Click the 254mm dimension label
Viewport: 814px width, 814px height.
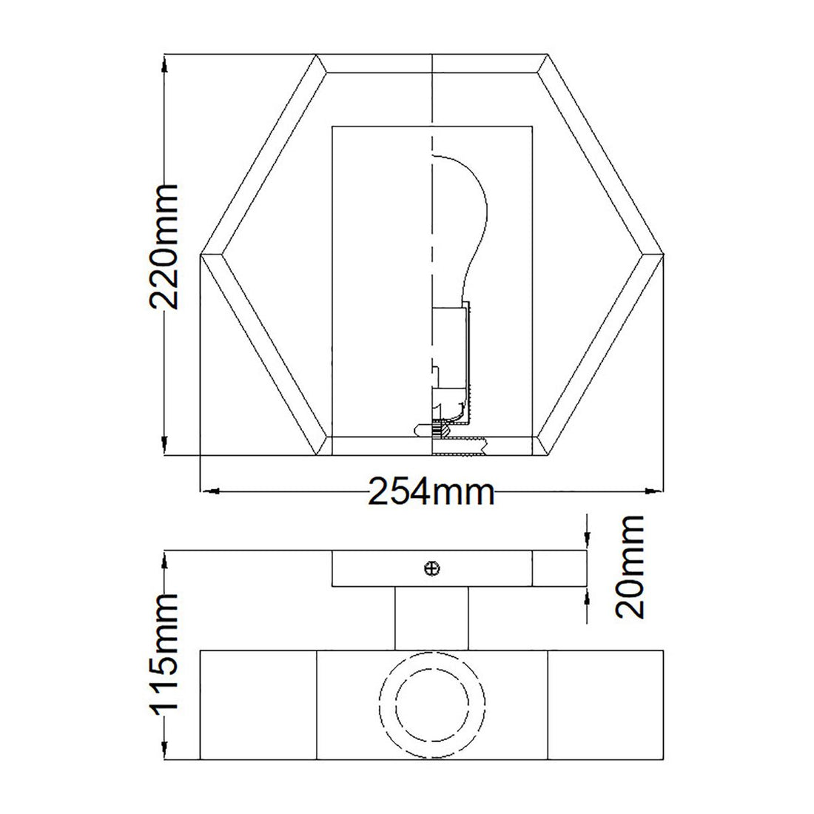[432, 491]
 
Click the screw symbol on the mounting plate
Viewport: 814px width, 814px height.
[432, 568]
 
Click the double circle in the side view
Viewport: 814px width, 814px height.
[432, 695]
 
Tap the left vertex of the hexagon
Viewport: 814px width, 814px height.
[202, 255]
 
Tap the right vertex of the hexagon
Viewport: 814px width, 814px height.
[664, 255]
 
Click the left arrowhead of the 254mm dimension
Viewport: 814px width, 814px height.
[208, 490]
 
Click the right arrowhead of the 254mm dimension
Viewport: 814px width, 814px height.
[656, 490]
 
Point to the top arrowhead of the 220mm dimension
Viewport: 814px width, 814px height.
[164, 62]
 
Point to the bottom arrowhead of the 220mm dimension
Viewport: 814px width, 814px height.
[164, 448]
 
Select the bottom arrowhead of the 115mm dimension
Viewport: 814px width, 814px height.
[164, 753]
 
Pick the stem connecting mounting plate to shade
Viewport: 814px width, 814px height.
[432, 618]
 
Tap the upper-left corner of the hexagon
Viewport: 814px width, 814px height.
[317, 56]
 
